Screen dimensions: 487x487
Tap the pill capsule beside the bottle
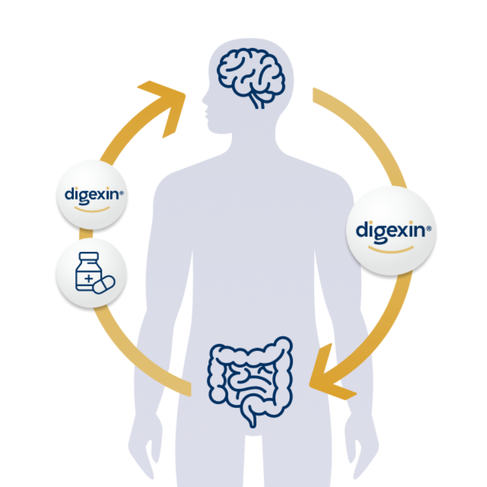click(104, 284)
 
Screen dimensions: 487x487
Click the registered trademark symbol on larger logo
click(429, 229)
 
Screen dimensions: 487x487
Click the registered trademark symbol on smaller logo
click(122, 192)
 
